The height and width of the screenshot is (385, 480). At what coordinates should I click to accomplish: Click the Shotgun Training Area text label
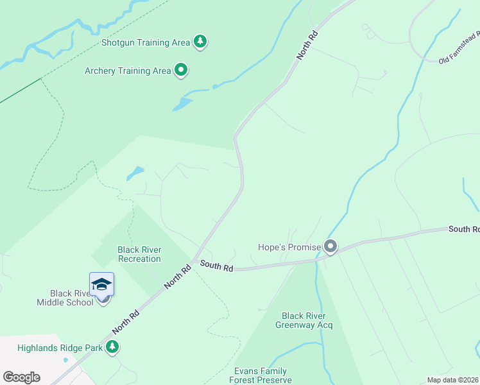coord(146,42)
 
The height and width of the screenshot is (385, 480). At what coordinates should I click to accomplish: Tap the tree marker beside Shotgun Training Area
coord(201,42)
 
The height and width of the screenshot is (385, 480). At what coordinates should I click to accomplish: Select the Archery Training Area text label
coord(128,71)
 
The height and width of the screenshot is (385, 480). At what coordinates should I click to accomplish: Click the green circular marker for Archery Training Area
coord(181,70)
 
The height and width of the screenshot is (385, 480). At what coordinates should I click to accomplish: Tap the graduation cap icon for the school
coord(101,284)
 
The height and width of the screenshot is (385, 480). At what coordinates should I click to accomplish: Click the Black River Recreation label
coord(139,254)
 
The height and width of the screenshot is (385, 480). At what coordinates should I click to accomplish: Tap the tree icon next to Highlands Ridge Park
coord(113,347)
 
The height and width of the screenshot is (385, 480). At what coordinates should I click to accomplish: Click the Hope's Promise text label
coord(289,246)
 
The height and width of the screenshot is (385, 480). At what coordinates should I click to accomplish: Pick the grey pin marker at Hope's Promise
coord(330,246)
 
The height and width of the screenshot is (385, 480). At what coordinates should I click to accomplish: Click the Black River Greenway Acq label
coord(304,320)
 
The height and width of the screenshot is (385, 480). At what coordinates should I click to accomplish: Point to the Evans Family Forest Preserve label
coord(260,375)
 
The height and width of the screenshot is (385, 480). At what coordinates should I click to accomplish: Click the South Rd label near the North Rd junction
coord(216,266)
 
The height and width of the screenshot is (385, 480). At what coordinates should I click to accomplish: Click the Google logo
coord(21,377)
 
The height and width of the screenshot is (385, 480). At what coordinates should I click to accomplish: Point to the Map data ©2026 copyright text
coord(452,380)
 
